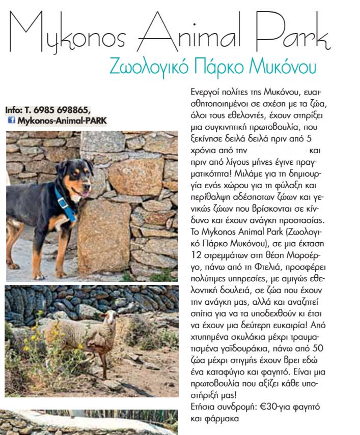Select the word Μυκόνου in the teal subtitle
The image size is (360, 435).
286,66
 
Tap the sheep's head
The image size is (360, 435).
109,321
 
